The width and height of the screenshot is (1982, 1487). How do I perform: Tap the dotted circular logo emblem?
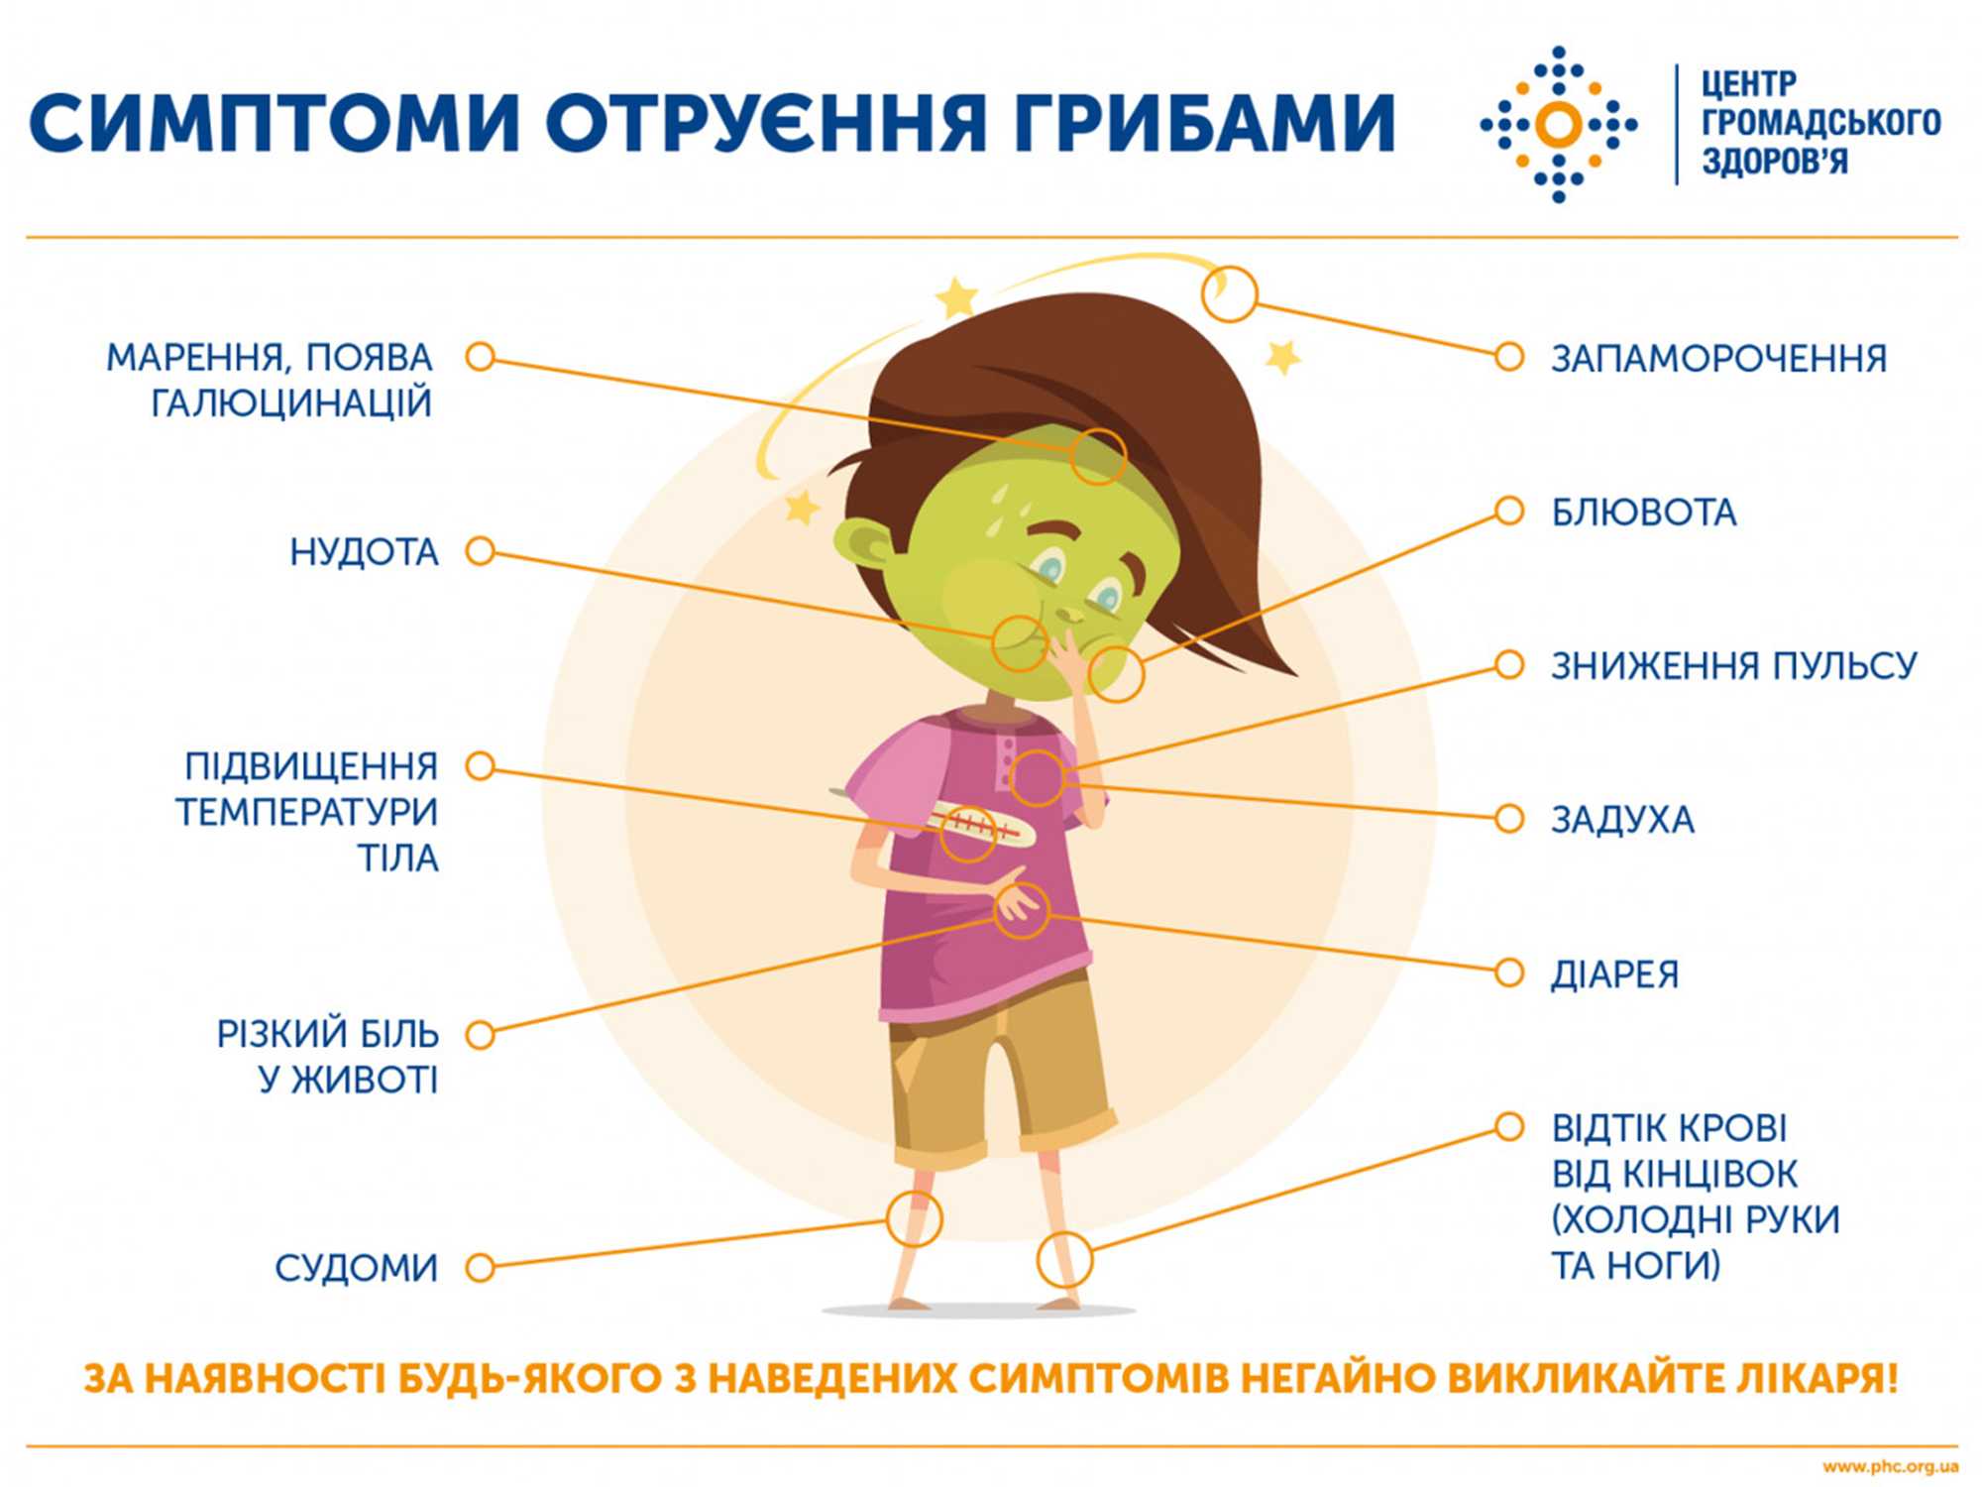point(1558,124)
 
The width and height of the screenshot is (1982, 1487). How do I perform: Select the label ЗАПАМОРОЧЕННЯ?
point(1718,359)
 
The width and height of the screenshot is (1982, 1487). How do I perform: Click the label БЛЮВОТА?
point(1643,513)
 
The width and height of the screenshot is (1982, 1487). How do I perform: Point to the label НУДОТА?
point(364,552)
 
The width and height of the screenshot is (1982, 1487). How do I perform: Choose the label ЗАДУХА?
point(1622,820)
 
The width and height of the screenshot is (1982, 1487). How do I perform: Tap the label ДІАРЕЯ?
point(1614,974)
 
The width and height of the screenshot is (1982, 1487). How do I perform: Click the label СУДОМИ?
point(356,1268)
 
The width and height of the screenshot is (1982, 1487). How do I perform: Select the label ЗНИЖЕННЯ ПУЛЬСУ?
point(1733,666)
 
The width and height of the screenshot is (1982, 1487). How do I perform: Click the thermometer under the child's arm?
point(981,825)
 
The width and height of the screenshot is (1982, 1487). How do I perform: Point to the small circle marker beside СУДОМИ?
point(481,1267)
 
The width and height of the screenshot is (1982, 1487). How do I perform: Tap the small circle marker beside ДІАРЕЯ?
point(1508,972)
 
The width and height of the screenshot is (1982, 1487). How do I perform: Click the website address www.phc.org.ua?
point(1890,1466)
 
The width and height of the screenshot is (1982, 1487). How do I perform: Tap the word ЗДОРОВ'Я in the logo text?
point(1774,162)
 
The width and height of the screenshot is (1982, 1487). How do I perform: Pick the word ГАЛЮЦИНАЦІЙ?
point(291,403)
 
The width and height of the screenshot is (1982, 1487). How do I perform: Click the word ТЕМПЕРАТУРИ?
point(307,812)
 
